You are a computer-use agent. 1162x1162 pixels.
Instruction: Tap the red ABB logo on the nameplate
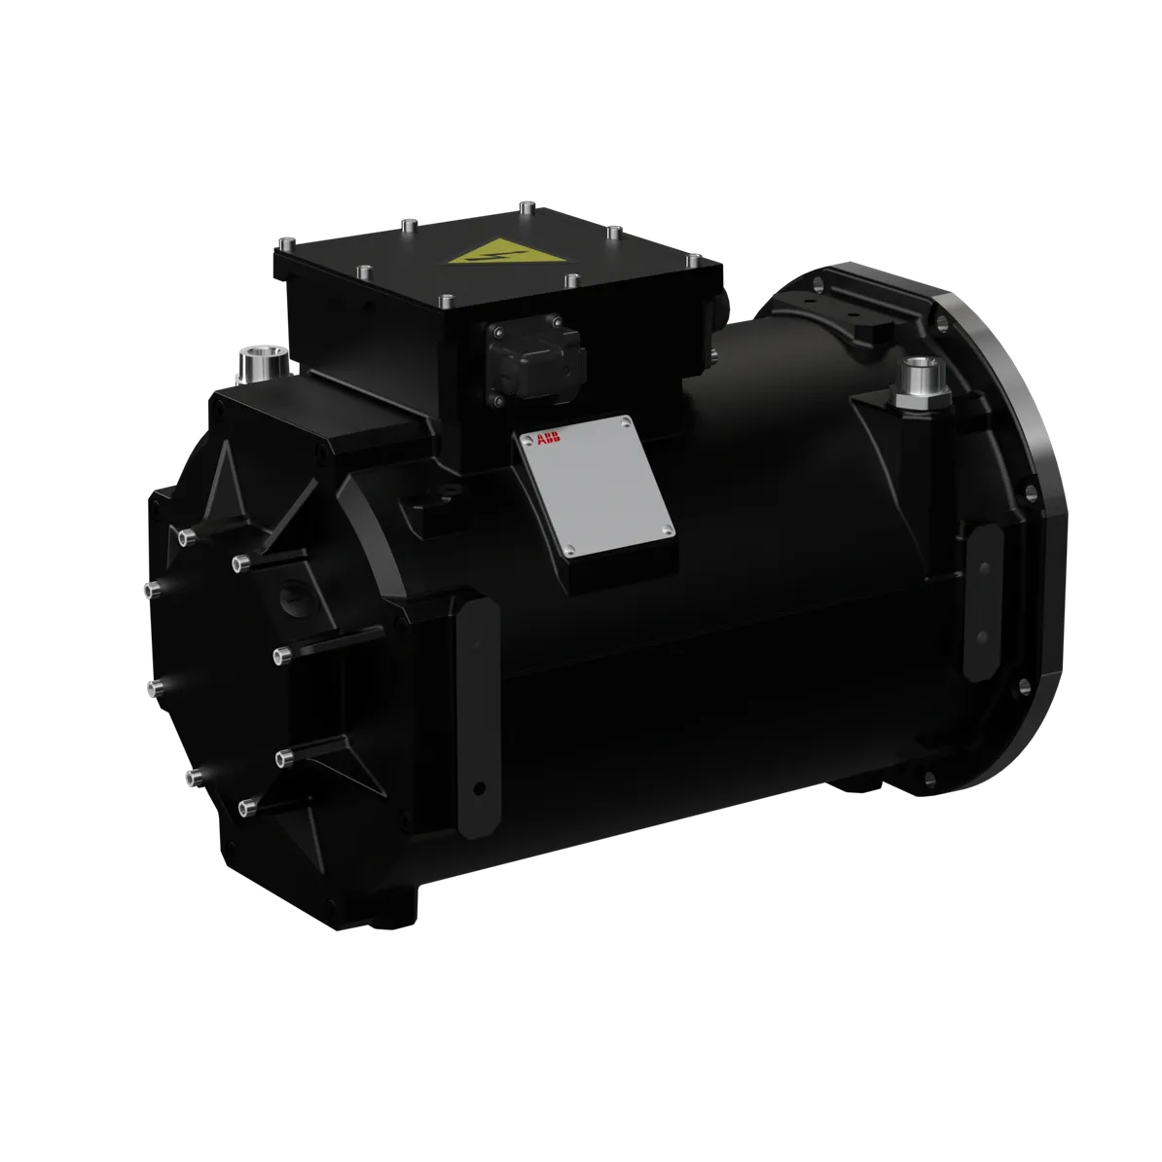[548, 440]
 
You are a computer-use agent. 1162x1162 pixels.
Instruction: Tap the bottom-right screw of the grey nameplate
[667, 529]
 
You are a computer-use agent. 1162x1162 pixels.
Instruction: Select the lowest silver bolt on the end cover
[243, 806]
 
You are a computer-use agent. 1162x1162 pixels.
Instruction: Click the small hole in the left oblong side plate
[477, 786]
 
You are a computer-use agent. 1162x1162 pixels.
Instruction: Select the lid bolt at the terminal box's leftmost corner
[284, 239]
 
